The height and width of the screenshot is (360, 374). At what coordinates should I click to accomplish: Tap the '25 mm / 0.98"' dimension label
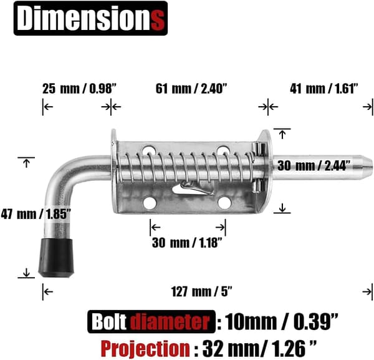point(79,89)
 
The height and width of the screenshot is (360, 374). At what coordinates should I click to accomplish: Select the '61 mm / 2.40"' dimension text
point(191,89)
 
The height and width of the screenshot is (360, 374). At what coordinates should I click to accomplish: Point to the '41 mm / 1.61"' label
point(324,89)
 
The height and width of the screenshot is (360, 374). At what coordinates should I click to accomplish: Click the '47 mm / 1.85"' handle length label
point(36,214)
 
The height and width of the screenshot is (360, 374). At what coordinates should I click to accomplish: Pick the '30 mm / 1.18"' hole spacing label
point(187,243)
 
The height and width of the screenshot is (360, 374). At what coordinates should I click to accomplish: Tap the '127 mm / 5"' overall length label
point(201,291)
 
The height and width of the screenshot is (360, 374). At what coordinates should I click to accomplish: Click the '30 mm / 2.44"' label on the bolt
point(314,165)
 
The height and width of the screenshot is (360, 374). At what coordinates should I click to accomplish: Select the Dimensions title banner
point(90,18)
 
